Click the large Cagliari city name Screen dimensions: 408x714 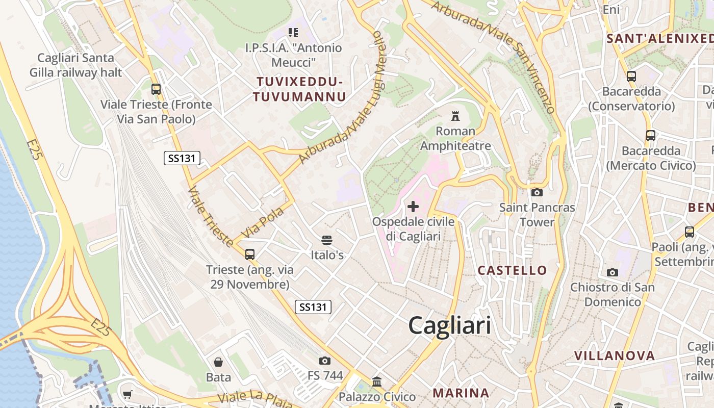point(450,325)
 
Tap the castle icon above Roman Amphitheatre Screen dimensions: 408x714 point(455,116)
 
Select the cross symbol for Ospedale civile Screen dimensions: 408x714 point(413,207)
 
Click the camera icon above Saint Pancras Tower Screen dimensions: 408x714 point(537,192)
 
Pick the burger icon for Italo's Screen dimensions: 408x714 point(327,240)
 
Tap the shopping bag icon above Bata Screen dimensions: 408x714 point(218,362)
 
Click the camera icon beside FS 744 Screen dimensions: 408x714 point(325,361)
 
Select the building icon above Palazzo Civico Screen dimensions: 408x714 point(377,381)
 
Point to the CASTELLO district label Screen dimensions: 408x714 point(512,270)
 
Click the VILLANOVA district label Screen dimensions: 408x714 point(614,355)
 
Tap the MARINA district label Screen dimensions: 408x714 point(461,393)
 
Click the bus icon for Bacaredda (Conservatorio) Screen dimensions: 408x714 point(631,76)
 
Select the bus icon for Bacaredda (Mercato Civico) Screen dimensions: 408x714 point(651,136)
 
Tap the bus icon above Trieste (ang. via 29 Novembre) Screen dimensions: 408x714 point(249,254)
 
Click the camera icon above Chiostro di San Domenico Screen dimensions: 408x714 point(613,272)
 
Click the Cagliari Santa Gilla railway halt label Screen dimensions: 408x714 point(75,65)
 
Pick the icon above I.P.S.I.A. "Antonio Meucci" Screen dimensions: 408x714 point(293,33)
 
